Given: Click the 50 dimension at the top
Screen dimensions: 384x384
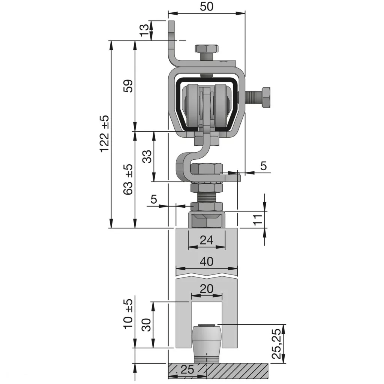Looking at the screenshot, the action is (207, 7).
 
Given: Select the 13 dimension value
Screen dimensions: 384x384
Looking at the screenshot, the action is (144, 30).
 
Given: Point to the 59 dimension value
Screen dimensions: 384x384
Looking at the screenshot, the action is (128, 86).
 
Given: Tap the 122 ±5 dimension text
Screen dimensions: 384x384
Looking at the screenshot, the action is (105, 133).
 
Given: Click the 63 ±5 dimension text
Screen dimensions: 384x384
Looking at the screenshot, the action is (128, 179).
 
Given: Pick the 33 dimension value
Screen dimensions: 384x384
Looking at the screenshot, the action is (147, 156).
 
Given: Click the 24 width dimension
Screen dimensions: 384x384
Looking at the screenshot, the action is (207, 240).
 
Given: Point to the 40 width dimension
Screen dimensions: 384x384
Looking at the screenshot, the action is (207, 261).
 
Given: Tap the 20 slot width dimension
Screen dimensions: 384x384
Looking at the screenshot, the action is (207, 289).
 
